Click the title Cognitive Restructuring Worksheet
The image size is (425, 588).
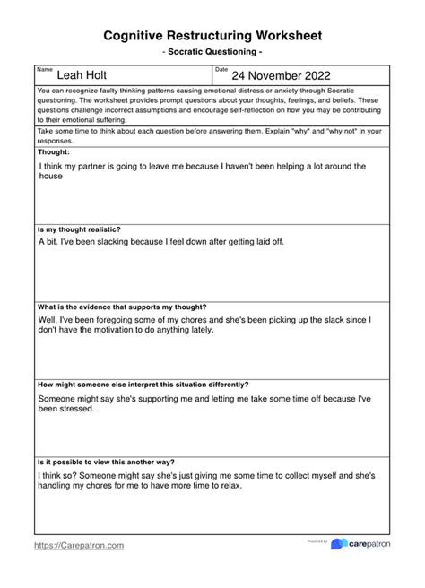coord(212,35)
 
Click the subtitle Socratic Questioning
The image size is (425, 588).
coord(212,53)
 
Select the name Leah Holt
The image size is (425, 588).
coord(82,77)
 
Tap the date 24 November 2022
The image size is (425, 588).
coord(281,77)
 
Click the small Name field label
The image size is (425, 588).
coord(45,69)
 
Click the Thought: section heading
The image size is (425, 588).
coord(55,152)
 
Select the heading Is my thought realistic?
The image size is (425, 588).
coord(79,229)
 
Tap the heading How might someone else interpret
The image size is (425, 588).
coord(143,384)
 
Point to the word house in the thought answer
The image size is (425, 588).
coord(50,177)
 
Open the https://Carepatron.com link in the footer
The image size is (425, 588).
coord(79,545)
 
